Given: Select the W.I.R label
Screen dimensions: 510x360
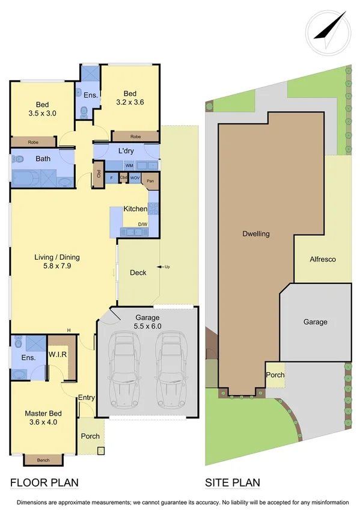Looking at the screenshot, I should pos(58,354).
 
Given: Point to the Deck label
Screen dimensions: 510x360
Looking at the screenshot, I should pos(138,272).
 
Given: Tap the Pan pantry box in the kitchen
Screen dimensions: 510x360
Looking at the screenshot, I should pos(150,180).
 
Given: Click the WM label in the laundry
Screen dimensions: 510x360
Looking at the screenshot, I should pos(129,165).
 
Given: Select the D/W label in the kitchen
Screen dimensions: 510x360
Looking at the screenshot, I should pos(144,224).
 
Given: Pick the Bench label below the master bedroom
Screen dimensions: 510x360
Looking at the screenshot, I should pos(43,460).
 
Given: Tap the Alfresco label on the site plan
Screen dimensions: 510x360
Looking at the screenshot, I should pos(322,259).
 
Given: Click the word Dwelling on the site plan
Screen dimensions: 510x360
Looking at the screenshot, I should pos(256,233).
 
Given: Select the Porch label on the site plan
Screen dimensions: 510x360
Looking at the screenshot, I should pos(275,375).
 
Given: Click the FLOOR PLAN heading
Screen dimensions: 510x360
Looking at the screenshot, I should pos(44,482).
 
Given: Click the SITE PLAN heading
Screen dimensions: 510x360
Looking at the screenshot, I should pos(233,482).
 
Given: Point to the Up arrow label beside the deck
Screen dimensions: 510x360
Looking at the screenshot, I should pos(164,266).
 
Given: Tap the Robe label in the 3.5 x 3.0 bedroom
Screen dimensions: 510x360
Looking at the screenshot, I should pos(33,142).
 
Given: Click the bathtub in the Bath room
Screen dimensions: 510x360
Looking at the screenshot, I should pos(26,179).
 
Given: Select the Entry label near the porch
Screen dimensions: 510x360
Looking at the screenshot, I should pos(87,398).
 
